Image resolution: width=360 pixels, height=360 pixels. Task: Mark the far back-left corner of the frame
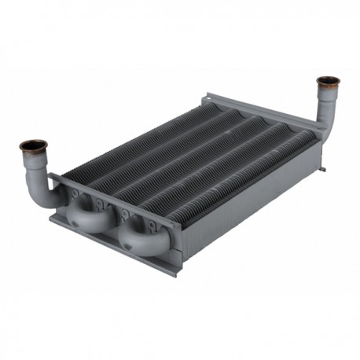206,95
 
